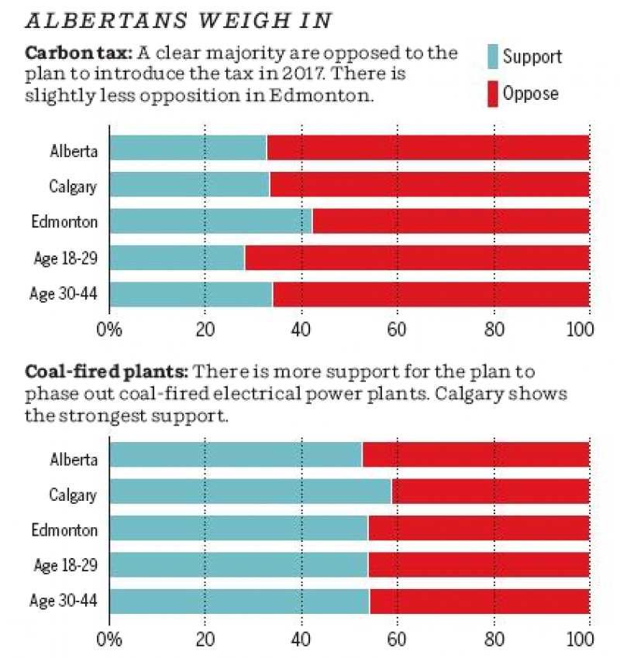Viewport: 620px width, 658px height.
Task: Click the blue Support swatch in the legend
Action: point(492,57)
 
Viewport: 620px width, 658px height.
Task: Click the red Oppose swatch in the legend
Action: point(492,94)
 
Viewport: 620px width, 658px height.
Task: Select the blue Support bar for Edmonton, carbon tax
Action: point(210,221)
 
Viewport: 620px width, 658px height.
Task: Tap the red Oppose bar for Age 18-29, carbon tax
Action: point(417,258)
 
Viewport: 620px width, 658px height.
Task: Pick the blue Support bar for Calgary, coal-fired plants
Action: point(250,492)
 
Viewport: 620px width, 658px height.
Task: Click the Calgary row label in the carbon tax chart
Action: point(73,186)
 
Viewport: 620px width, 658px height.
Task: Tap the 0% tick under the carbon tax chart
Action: point(109,327)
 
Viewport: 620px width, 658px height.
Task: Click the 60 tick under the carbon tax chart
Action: point(397,327)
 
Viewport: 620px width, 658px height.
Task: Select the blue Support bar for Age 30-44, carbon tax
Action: point(191,294)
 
